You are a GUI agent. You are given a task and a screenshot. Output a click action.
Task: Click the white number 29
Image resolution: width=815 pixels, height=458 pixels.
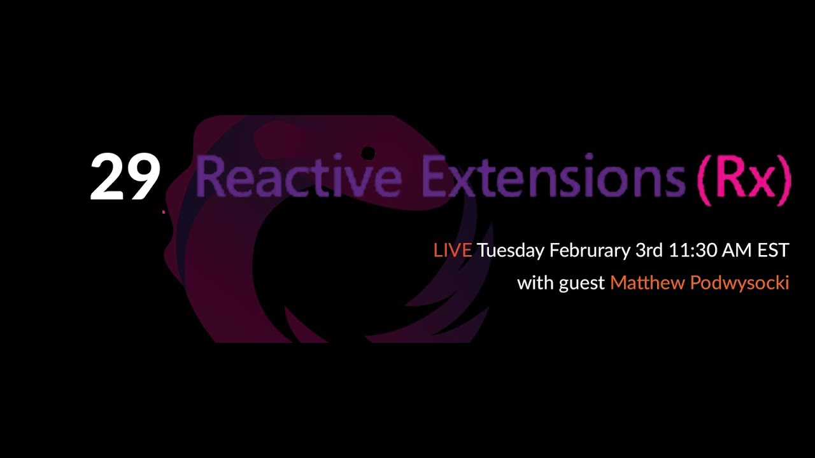125,177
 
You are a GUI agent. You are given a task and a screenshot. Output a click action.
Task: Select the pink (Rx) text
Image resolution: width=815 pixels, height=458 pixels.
744,179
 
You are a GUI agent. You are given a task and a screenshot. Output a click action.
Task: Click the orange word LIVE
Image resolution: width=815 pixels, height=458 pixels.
452,251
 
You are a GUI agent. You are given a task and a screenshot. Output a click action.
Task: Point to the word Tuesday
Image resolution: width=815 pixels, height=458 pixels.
511,251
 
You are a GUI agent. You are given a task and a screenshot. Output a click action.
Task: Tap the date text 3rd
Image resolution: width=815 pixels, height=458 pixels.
649,251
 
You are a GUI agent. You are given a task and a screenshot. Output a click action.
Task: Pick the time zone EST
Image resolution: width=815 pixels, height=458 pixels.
773,251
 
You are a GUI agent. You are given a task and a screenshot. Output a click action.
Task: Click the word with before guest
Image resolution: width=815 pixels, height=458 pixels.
535,282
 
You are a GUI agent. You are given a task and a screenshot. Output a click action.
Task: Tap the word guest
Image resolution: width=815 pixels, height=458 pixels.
582,284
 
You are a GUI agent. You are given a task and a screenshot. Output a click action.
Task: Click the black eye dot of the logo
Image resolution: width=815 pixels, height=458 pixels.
367,153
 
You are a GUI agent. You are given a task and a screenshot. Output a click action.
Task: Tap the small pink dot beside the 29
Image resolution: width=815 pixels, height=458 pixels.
164,211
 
